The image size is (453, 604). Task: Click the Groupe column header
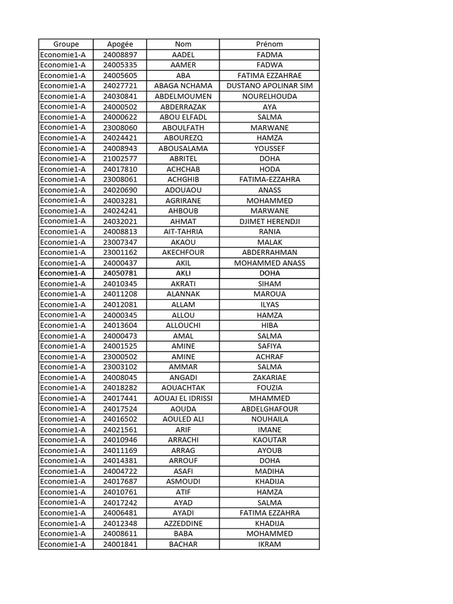(65, 44)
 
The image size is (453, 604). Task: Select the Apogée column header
(120, 44)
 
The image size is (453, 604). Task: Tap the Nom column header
(183, 44)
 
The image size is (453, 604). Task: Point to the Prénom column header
(270, 44)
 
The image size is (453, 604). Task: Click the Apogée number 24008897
(120, 55)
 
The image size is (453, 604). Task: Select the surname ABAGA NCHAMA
(183, 86)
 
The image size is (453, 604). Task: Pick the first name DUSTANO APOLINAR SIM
(270, 86)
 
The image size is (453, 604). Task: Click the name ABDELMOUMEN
(183, 96)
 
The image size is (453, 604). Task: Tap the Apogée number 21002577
(120, 159)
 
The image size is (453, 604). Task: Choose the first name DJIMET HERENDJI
(270, 221)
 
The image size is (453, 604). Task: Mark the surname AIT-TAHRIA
(183, 232)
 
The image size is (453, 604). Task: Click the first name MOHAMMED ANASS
(270, 263)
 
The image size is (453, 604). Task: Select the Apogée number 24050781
(120, 273)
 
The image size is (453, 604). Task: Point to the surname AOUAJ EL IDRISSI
(183, 398)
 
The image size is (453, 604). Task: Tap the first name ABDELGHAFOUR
(270, 409)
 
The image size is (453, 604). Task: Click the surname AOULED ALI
(183, 419)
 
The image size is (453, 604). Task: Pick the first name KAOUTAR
(270, 440)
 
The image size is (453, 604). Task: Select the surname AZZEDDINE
(183, 523)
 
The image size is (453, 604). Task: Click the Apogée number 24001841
(120, 544)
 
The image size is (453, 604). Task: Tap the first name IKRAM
(270, 544)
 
